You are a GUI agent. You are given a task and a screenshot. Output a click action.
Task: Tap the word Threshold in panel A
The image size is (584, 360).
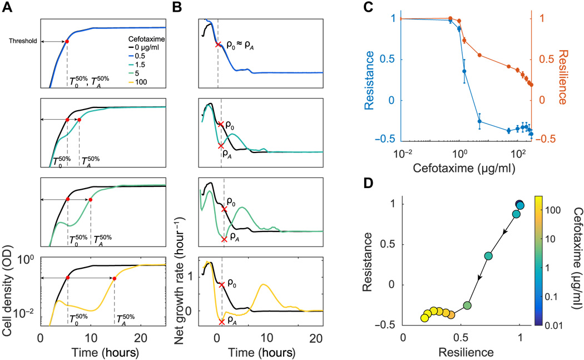26,41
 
